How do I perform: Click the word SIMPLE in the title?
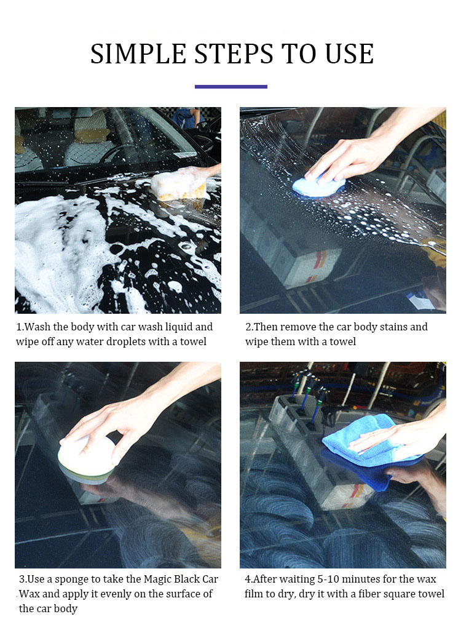pyautogui.click(x=138, y=54)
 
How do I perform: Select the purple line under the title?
pyautogui.click(x=231, y=87)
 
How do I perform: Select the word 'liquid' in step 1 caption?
pyautogui.click(x=178, y=327)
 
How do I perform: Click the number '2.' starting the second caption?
pyautogui.click(x=250, y=327)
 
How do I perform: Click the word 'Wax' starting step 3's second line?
pyautogui.click(x=29, y=594)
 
